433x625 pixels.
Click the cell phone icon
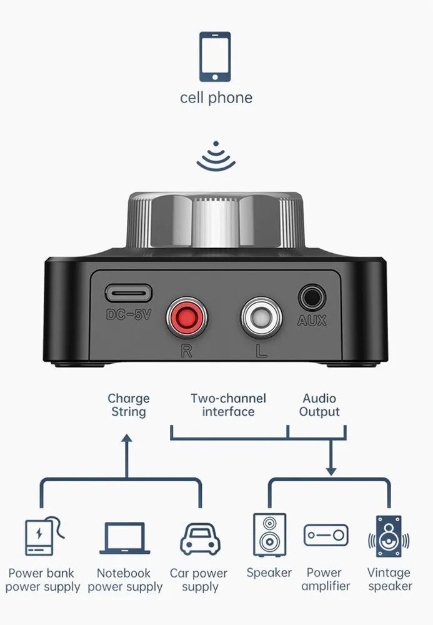[215, 57]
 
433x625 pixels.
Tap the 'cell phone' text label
[216, 98]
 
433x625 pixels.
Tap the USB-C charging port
[128, 293]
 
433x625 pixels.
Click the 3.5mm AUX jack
[311, 297]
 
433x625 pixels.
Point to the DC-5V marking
[129, 315]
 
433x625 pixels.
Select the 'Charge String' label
[129, 405]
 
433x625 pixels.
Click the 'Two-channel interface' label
[228, 405]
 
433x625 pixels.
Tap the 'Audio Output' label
[319, 405]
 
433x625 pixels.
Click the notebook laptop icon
[125, 538]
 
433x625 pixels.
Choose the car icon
[200, 538]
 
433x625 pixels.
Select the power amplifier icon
[326, 536]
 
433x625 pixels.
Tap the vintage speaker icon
[389, 536]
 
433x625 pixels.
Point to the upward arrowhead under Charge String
[127, 439]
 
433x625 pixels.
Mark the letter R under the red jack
[186, 351]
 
